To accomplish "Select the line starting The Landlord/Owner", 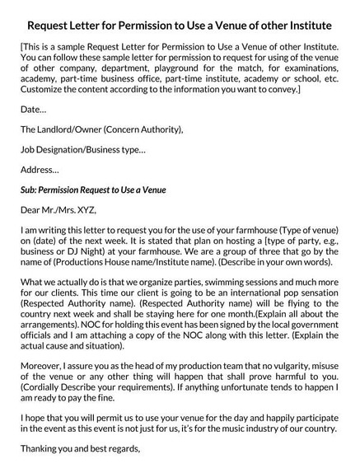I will [101, 129].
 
